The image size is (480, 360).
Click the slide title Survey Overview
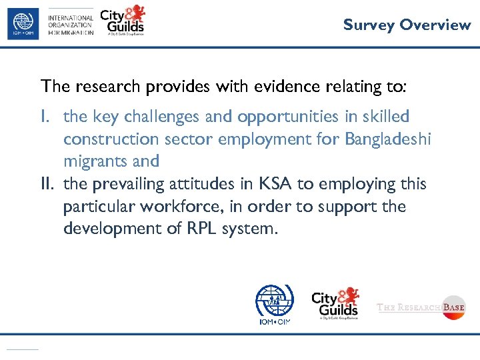tap(407, 25)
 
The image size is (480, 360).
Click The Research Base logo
tap(421, 307)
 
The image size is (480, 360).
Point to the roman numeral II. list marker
tap(49, 184)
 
